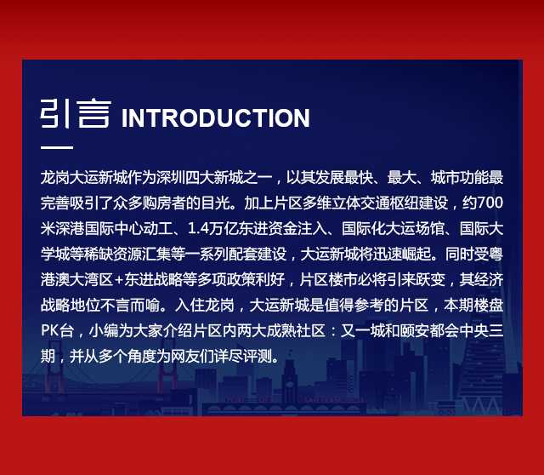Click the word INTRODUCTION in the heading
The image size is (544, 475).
pyautogui.click(x=215, y=118)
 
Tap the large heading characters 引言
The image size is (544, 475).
pyautogui.click(x=76, y=114)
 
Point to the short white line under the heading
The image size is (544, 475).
pyautogui.click(x=57, y=147)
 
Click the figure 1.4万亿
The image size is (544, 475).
pyautogui.click(x=210, y=229)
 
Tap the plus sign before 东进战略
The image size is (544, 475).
pyautogui.click(x=119, y=280)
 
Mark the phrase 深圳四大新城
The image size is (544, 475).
pyautogui.click(x=193, y=178)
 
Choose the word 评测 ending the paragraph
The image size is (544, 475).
pyautogui.click(x=258, y=356)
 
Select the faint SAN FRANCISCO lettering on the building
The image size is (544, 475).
pyautogui.click(x=333, y=400)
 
